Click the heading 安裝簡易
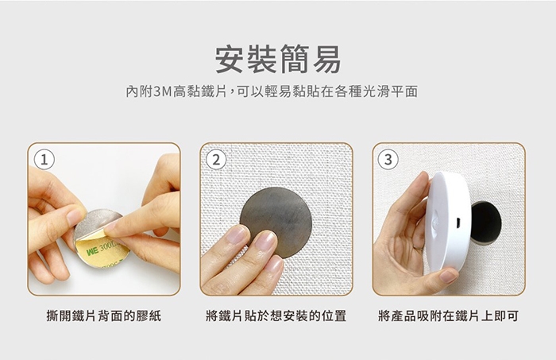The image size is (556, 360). [278, 60]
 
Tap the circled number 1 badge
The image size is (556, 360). [44, 160]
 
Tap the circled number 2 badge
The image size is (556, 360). [216, 160]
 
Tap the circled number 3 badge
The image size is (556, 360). [388, 160]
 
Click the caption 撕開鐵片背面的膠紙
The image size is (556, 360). [104, 315]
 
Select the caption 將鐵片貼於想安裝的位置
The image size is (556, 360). [276, 315]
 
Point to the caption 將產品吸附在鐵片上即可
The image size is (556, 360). [449, 315]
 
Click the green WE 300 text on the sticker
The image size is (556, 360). [101, 250]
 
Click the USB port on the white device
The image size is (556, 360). [458, 223]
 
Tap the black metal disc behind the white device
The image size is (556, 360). [486, 223]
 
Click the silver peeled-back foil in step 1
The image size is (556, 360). [96, 223]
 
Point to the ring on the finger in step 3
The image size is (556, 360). [419, 246]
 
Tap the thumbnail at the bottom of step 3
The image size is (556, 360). [449, 276]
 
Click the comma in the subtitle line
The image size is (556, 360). [232, 94]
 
